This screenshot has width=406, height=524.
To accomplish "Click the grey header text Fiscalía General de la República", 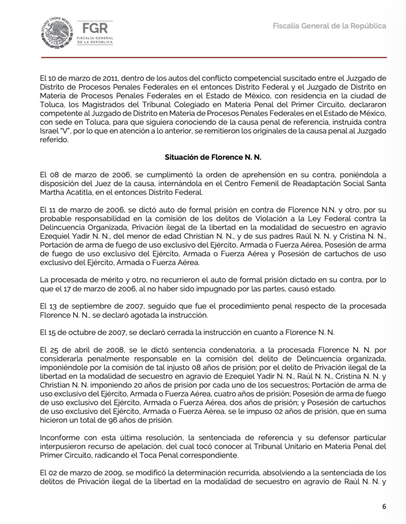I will tap(329, 26).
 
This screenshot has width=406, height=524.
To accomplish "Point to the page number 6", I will tap(384, 507).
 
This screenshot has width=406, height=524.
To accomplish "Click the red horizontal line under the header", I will tap(203, 57).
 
